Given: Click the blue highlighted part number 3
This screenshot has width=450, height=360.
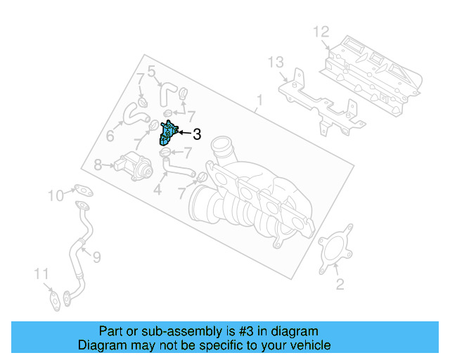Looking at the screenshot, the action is tap(169, 133).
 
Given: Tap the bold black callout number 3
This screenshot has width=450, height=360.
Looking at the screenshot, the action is tap(197, 134).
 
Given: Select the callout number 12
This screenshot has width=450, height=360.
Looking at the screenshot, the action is tap(321, 32).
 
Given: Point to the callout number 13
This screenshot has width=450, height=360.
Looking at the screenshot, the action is tap(276, 63).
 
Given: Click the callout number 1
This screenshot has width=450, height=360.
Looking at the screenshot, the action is tap(259, 101).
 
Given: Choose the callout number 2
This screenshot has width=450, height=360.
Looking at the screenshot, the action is tap(340, 284).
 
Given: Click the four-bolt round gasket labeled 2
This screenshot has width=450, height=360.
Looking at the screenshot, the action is tap(335, 249).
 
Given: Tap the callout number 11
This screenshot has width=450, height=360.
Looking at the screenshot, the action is tap(41, 274).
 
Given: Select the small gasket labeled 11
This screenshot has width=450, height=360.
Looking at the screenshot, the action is tap(56, 300).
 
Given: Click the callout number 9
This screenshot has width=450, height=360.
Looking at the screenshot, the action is tap(97, 257).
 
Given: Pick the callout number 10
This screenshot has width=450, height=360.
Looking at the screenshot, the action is tap(56, 195).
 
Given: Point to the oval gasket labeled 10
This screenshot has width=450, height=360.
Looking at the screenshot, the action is tap(84, 191).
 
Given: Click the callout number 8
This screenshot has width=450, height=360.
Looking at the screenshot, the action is tap(98, 165).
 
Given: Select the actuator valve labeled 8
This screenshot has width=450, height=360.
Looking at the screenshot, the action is tap(133, 167).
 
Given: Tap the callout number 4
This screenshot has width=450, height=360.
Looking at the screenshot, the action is tap(157, 190).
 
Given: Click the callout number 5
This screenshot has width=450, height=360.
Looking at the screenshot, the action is tap(152, 71).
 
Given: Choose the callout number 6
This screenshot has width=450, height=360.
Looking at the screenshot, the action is tap(110, 136).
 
